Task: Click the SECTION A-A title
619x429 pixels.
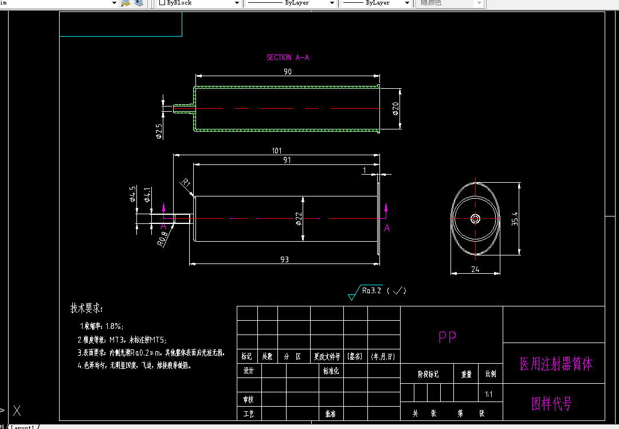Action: tap(288, 57)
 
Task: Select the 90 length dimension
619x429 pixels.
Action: tap(288, 72)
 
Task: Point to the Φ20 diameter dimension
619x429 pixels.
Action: tap(395, 109)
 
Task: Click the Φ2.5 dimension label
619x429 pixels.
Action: tap(159, 131)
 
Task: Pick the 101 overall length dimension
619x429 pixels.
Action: tap(277, 151)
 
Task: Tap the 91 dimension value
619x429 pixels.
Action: tap(287, 160)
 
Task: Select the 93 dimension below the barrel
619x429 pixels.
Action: tap(284, 259)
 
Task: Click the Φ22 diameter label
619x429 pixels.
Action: tap(299, 218)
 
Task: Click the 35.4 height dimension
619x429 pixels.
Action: tap(514, 219)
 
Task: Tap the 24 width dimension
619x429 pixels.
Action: tap(475, 269)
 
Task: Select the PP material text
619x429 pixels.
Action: tap(448, 337)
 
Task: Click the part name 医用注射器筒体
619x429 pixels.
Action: tap(556, 364)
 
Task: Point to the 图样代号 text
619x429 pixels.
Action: tap(552, 404)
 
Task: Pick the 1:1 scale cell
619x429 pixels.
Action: tap(489, 394)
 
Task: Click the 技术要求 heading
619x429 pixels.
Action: tap(87, 308)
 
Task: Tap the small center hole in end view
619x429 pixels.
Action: tap(475, 218)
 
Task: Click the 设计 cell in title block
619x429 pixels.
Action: tap(248, 371)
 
